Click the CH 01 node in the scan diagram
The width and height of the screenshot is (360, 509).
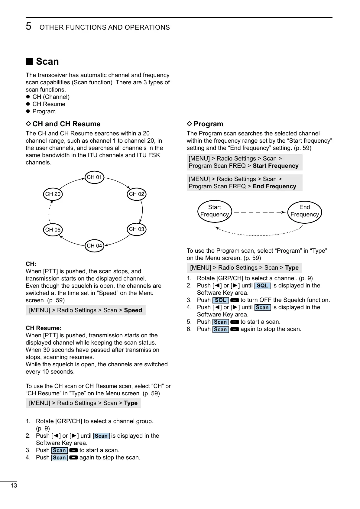click(x=95, y=177)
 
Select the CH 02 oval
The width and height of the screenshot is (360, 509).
click(x=137, y=194)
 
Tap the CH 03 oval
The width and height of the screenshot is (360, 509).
click(x=137, y=229)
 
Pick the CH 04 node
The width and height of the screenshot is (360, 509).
click(x=95, y=246)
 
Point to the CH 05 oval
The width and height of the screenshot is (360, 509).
click(x=53, y=230)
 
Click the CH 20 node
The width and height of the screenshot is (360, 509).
click(x=53, y=194)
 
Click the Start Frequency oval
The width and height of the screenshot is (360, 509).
click(x=215, y=211)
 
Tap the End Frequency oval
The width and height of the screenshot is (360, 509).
click(x=304, y=211)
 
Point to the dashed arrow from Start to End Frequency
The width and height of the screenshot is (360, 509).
click(x=259, y=212)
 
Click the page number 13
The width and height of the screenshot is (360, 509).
click(x=14, y=486)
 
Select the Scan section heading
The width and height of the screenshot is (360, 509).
click(x=47, y=61)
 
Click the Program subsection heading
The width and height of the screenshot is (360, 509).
click(x=208, y=124)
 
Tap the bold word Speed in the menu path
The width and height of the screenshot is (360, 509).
click(x=133, y=310)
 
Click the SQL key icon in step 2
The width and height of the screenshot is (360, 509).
click(x=262, y=286)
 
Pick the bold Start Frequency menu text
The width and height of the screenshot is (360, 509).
click(x=275, y=166)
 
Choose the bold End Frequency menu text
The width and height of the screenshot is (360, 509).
click(x=274, y=186)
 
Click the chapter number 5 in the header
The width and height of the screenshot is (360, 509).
click(x=28, y=27)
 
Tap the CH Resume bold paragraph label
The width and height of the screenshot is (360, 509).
click(x=44, y=328)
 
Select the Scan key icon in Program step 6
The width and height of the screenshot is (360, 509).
click(x=220, y=329)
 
